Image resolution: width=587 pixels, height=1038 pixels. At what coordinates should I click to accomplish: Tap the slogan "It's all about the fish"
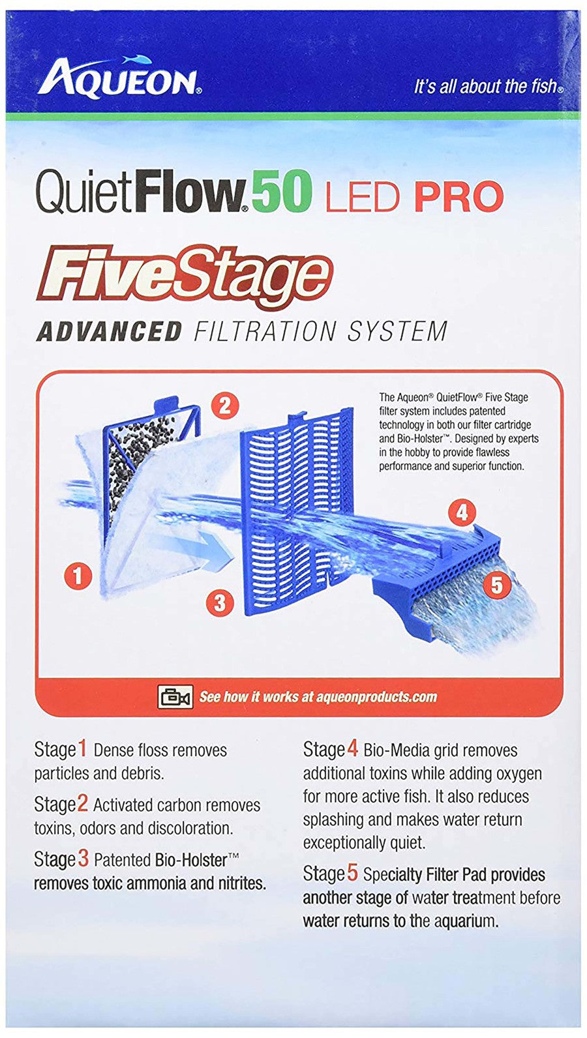[x=489, y=86]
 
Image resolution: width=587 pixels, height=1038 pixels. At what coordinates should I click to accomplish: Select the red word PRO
[x=459, y=196]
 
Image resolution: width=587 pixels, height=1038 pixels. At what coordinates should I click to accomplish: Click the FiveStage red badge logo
[x=185, y=277]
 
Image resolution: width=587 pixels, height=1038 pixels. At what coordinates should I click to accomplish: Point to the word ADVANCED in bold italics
[x=108, y=331]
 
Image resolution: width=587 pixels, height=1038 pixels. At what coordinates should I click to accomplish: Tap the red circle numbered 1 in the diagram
[x=78, y=576]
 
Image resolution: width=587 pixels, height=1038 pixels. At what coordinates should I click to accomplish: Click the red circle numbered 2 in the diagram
[x=225, y=406]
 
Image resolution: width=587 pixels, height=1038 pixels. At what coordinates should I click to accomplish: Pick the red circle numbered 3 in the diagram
[x=220, y=602]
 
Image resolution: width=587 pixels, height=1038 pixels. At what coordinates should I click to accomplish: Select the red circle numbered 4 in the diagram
[x=462, y=512]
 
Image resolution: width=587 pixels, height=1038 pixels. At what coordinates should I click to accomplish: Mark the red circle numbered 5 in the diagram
[x=496, y=585]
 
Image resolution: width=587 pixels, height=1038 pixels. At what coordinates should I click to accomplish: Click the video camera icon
[x=175, y=696]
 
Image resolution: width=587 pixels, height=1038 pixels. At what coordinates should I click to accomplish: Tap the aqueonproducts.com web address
[x=376, y=697]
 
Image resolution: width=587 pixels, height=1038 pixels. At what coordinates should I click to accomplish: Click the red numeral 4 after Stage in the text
[x=352, y=749]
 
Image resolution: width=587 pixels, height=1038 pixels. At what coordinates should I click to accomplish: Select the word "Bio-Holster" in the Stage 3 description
[x=191, y=861]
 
